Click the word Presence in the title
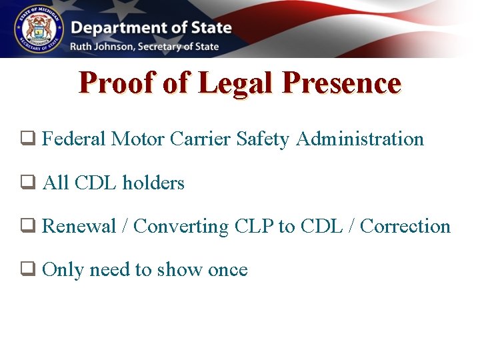341,83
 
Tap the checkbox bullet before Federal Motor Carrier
27,139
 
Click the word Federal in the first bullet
73,139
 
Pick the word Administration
360,139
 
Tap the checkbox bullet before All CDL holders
27,183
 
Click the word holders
153,183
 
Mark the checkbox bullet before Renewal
27,226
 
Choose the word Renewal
79,226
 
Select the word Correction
405,226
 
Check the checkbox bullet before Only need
27,269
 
